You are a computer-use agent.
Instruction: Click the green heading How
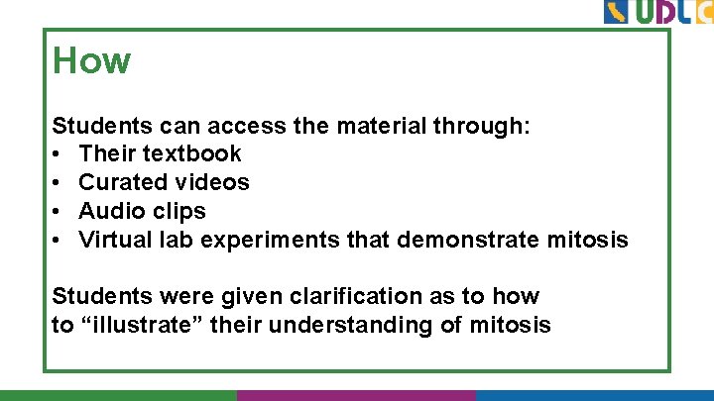(91, 61)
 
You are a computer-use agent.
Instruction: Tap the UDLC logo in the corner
(657, 13)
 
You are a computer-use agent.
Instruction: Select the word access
(247, 126)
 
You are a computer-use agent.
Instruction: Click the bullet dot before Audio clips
(59, 212)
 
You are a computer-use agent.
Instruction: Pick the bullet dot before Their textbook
(59, 154)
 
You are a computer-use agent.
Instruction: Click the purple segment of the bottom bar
(356, 395)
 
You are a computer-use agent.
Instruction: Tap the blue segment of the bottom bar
(594, 395)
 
